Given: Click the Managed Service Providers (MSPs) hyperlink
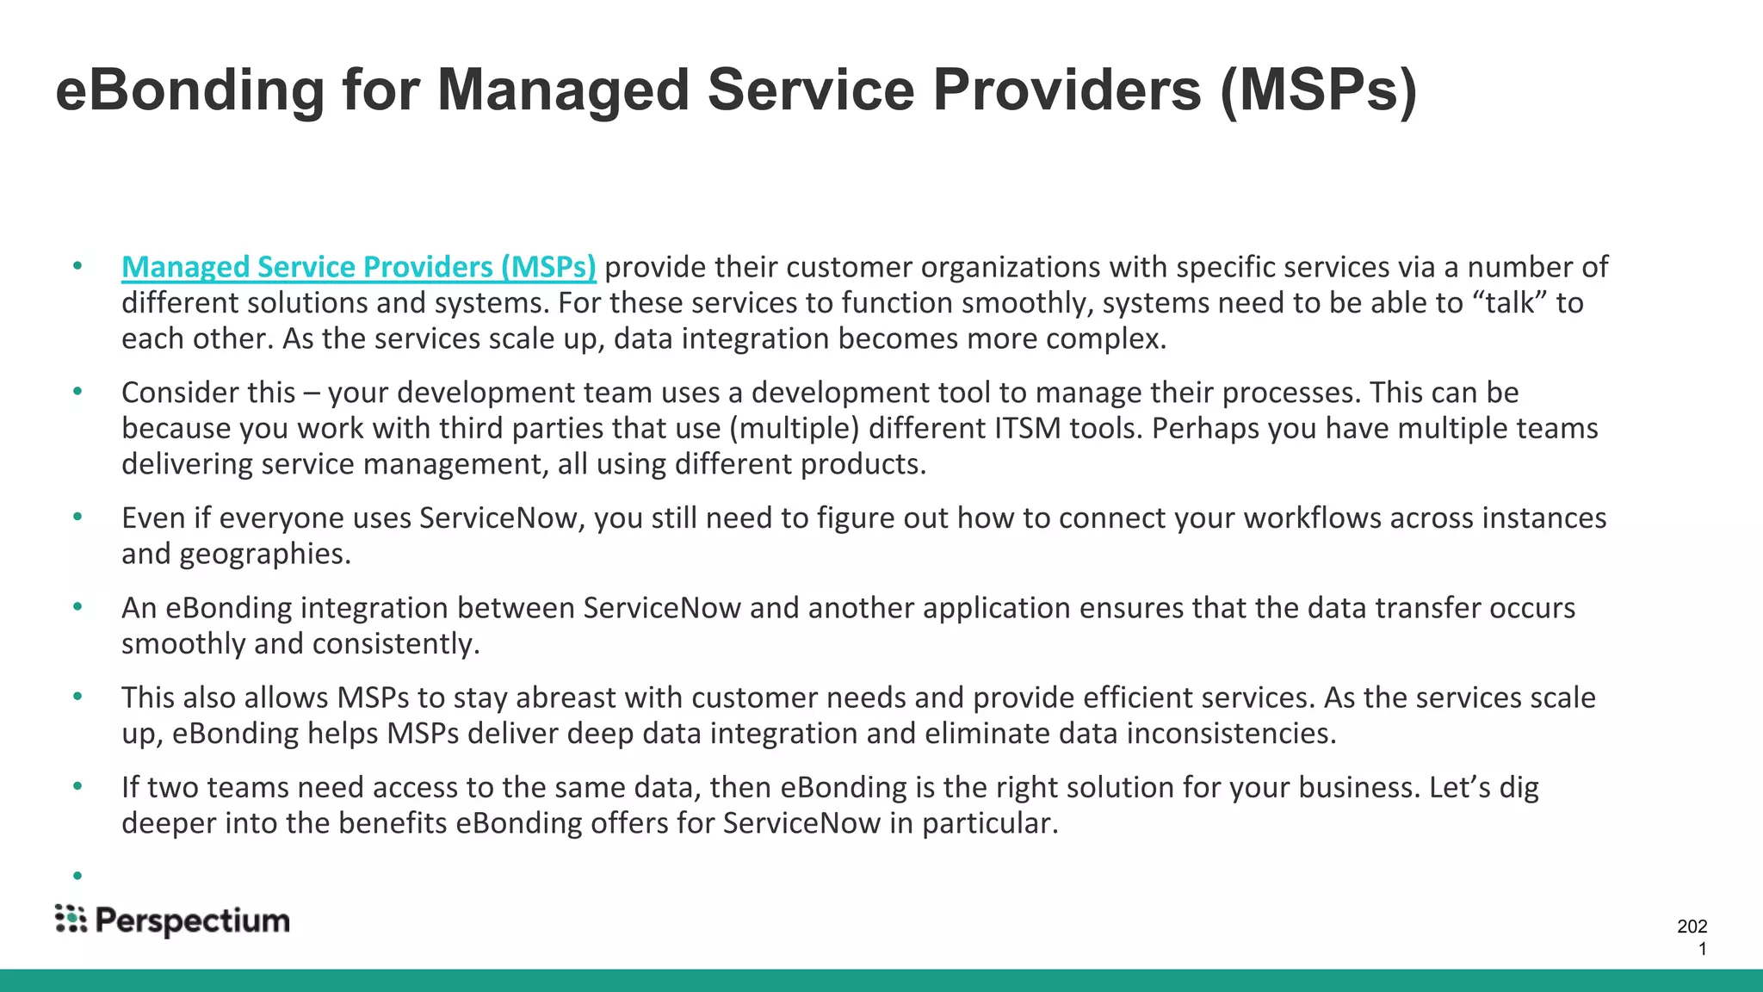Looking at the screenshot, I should [x=358, y=268].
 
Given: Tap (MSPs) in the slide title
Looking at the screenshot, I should [x=1317, y=90].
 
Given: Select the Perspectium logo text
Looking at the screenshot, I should [x=192, y=921].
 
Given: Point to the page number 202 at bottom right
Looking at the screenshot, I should [x=1692, y=927].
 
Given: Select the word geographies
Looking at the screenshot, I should [x=264, y=554].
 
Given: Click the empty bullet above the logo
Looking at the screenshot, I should [x=77, y=876].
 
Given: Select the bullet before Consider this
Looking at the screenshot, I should [x=77, y=392].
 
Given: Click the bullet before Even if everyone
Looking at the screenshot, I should [x=77, y=517].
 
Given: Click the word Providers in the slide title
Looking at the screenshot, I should [x=1067, y=90].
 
